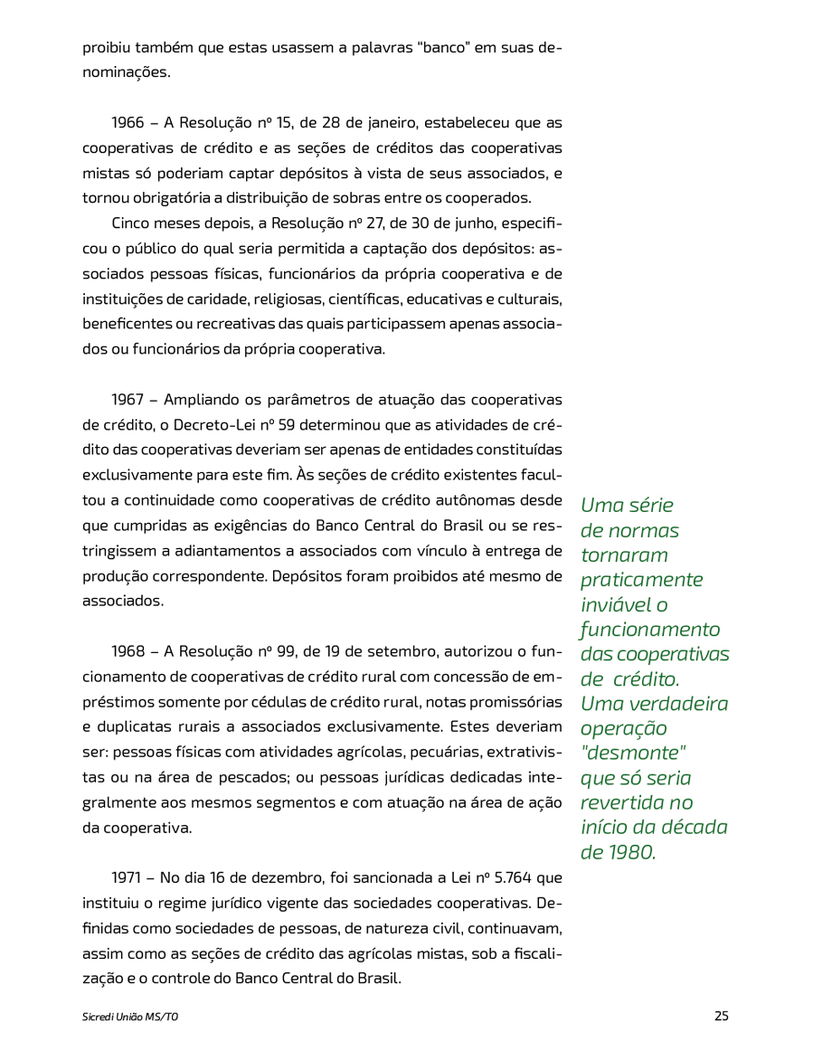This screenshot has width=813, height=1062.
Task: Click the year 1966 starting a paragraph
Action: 128,122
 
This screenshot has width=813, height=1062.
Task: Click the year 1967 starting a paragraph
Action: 128,399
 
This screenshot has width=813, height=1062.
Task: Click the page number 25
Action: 721,1016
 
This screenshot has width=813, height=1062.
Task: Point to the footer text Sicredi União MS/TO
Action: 130,1017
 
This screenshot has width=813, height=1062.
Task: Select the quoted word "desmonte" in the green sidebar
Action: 633,753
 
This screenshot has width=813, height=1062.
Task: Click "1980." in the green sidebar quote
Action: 630,851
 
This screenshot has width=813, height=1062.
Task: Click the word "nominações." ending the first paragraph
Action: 126,71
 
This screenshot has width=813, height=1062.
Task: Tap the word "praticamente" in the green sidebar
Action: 641,579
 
